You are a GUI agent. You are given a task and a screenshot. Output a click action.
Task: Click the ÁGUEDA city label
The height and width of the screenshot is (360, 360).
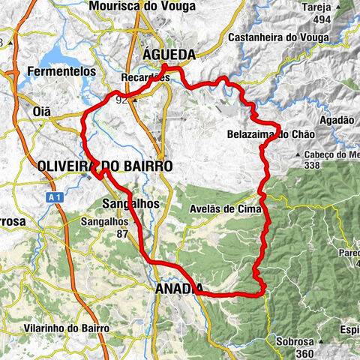tap(169, 55)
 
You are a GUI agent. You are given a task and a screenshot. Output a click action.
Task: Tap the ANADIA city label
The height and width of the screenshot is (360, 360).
tap(180, 288)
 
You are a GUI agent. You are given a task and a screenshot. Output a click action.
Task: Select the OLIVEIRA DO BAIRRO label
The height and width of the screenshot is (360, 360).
tap(105, 165)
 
